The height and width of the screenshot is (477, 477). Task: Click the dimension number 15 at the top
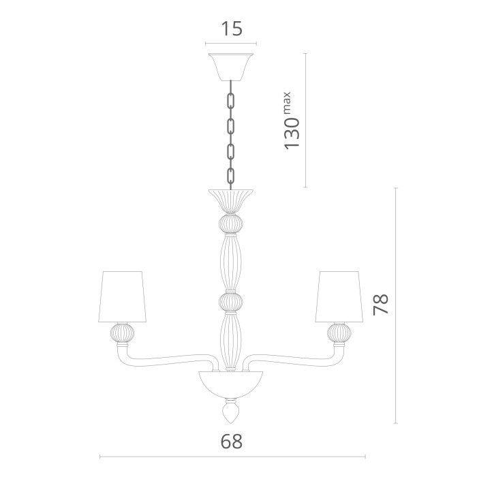pyautogui.click(x=231, y=29)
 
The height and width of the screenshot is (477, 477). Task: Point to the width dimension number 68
pyautogui.click(x=231, y=441)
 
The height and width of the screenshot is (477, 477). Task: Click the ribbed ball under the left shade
pyautogui.click(x=123, y=333)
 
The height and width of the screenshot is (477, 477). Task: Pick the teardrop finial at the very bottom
pyautogui.click(x=230, y=414)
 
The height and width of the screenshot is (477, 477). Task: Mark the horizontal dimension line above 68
pyautogui.click(x=232, y=457)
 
